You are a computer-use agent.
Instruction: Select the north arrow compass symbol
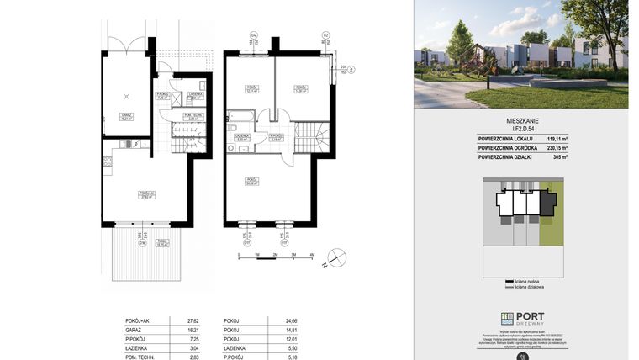click(336, 257)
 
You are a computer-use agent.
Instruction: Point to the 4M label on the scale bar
click(312, 254)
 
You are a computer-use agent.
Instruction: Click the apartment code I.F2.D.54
click(521, 127)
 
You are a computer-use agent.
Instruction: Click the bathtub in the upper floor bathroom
click(241, 116)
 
